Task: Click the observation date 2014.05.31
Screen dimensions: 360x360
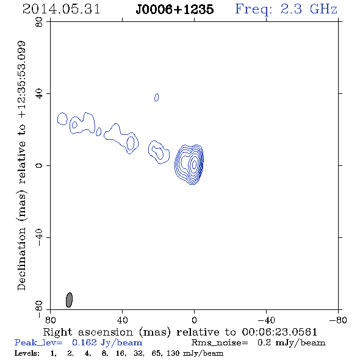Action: coord(61,9)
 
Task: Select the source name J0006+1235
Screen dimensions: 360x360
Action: coord(175,9)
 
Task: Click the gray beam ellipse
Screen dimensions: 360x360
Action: coord(69,300)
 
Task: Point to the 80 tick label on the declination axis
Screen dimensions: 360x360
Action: coord(39,22)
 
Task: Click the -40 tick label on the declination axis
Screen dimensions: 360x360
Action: coord(39,237)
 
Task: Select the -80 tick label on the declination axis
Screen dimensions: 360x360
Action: coord(39,309)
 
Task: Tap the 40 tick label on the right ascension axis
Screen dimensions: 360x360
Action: coord(122,320)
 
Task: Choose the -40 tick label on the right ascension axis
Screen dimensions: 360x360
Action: coord(266,320)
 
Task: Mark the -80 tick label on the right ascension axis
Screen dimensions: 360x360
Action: coord(338,320)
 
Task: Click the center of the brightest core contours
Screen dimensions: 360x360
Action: coord(194,164)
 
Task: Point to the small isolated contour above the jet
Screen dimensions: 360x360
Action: coord(156,98)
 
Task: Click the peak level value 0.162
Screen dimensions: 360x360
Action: coord(84,342)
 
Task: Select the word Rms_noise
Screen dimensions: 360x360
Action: coord(220,343)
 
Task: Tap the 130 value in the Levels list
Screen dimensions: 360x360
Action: coord(173,353)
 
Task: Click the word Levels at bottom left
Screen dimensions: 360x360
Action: coord(27,353)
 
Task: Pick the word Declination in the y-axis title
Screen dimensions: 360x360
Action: coord(21,259)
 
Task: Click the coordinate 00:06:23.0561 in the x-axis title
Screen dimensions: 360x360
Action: coord(279,332)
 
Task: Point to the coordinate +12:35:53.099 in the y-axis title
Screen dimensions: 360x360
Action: coord(21,80)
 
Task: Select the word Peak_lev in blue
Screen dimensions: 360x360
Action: coord(38,343)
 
